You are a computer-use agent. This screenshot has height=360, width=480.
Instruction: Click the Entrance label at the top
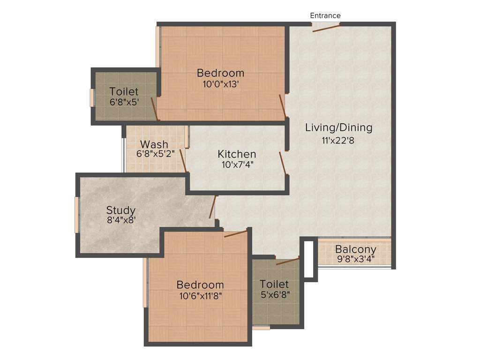coord(325,15)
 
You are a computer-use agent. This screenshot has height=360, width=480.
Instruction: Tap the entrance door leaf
coord(327,28)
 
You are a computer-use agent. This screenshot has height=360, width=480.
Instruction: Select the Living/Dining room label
coord(338,127)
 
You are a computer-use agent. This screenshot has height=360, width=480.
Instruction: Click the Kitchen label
coord(237,154)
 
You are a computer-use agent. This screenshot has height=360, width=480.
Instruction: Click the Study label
coord(120,210)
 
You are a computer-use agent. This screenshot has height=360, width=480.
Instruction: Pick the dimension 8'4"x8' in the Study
coord(120,220)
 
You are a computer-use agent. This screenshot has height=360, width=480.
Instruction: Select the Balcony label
coord(355,249)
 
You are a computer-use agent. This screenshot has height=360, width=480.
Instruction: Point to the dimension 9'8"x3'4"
coord(355,258)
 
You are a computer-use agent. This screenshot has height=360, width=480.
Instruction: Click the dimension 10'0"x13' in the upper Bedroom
coord(220,83)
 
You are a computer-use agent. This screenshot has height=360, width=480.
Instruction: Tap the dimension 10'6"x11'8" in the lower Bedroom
coord(200,295)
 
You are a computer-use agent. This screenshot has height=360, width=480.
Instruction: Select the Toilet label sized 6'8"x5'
coord(124,91)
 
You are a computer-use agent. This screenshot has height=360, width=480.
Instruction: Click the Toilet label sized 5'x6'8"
coord(274,284)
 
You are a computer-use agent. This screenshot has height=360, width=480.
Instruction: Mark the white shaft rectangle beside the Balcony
coord(308,259)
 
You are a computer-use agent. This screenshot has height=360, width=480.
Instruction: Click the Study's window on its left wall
coord(77,215)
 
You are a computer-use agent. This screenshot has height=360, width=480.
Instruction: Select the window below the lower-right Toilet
coord(261,328)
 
